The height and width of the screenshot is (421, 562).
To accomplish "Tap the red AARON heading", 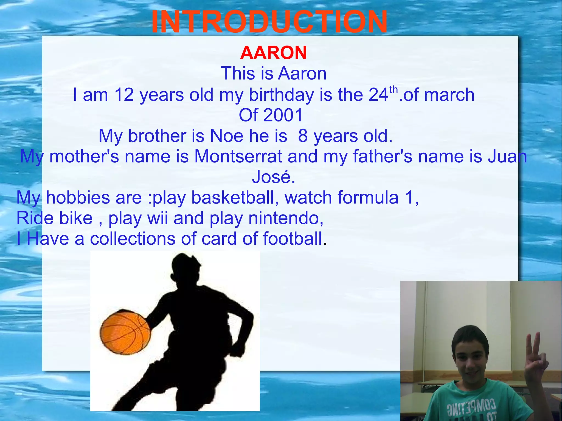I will [273, 53].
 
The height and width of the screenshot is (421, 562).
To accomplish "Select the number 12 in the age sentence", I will [124, 95].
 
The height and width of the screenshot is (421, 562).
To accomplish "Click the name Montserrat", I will [238, 156].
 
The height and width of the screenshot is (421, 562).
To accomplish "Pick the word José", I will [273, 177].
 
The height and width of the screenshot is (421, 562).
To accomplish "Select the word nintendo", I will [285, 218].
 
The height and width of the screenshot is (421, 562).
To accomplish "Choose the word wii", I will [158, 218].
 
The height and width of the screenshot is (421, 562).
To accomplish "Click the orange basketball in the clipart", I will [125, 332].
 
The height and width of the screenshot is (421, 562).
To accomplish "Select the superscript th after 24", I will [394, 89].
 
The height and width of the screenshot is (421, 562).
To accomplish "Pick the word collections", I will [133, 238].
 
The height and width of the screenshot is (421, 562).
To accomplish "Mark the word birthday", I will [281, 95].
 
